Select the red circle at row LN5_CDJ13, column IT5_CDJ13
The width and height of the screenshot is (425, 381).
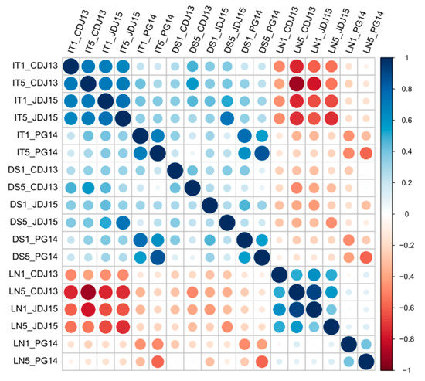(87, 291)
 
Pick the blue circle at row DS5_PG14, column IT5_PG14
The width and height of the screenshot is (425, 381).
(156, 257)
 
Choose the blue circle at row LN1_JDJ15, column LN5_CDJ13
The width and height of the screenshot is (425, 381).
(295, 309)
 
